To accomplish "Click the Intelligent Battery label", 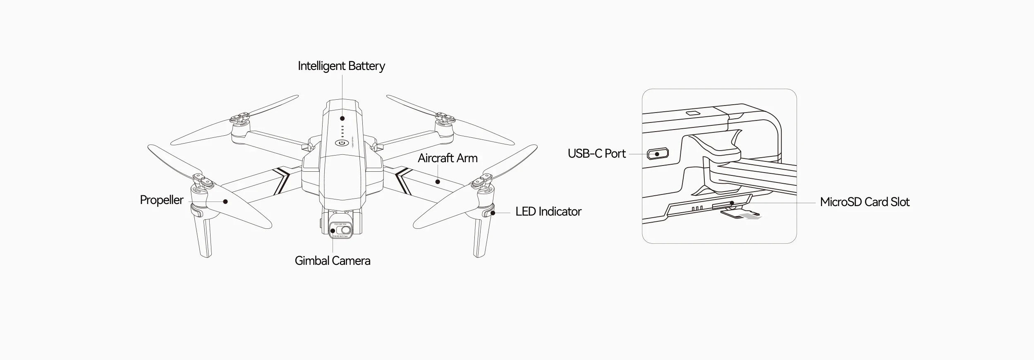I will pos(341,66).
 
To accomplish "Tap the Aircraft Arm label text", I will pos(448,158).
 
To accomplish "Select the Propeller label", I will pos(161,200).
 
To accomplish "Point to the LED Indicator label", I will pos(548,212).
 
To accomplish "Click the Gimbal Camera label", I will pos(332,261).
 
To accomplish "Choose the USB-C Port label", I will pos(596,154).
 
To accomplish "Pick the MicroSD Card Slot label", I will pos(864,202).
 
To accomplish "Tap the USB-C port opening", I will pos(658,154).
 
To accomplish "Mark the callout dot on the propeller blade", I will pos(225,202).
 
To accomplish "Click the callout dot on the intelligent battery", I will pos(342,118).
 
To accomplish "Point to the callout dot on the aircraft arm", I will pos(438,181).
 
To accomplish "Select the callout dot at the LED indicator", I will pos(493,214).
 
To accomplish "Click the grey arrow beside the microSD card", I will pos(751,216).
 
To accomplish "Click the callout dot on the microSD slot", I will pos(732,203).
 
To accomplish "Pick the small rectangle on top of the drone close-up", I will pos(693,113).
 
